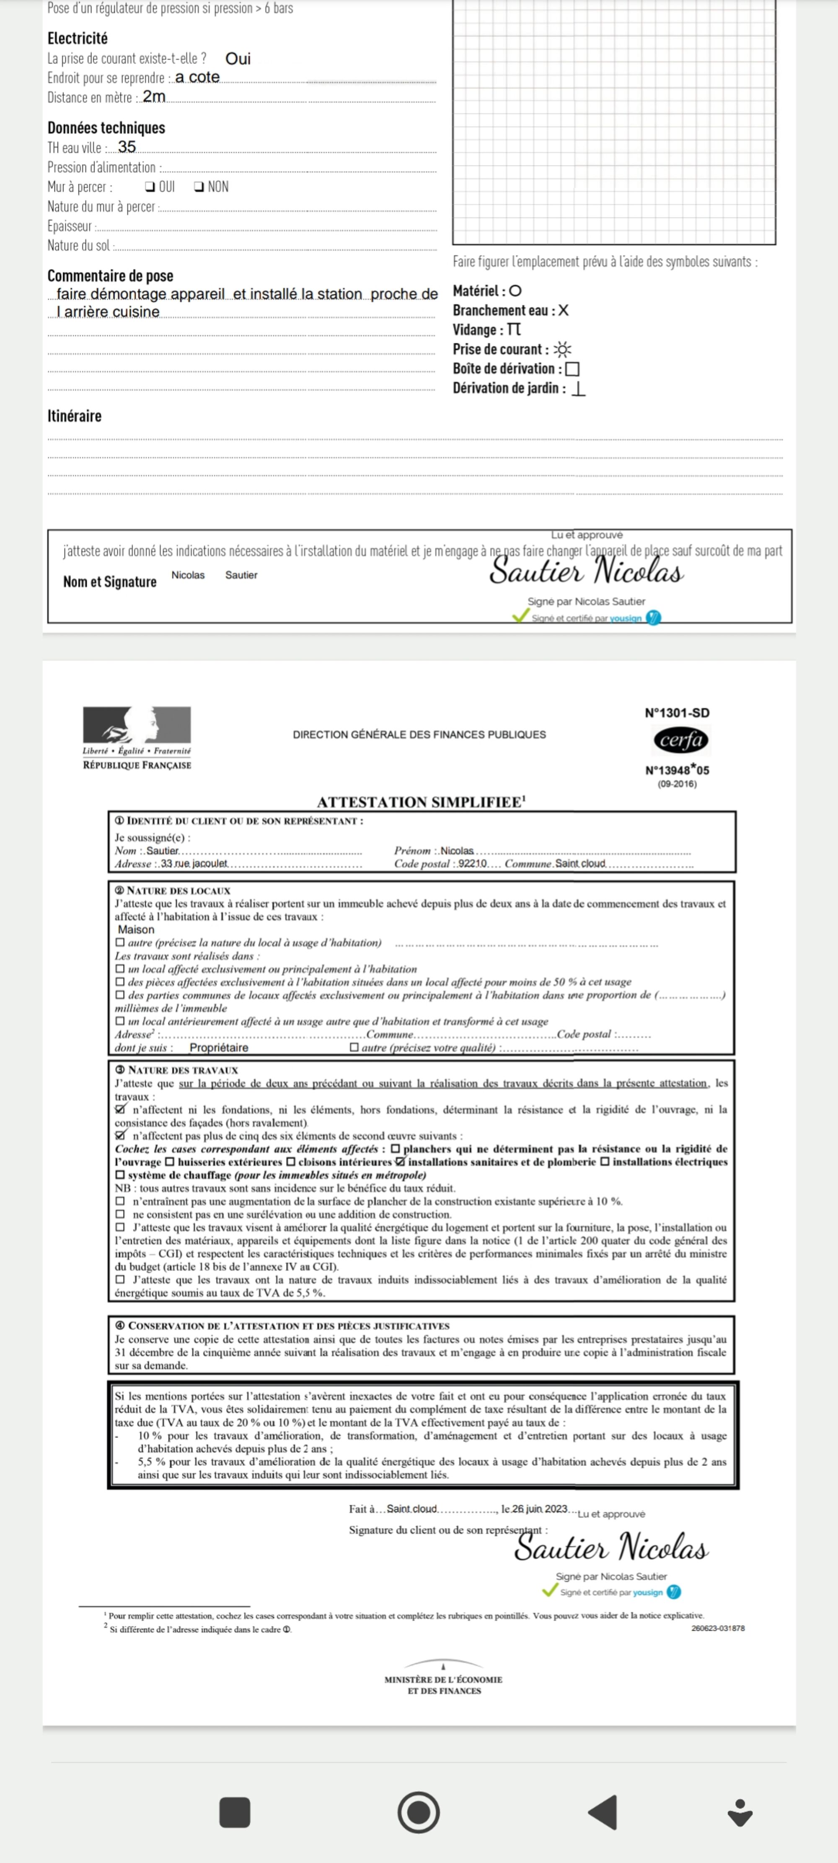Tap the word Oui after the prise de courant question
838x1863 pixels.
[x=238, y=59]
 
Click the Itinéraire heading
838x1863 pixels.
[x=75, y=416]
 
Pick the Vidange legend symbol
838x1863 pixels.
[x=513, y=330]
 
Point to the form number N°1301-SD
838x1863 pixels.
[x=677, y=712]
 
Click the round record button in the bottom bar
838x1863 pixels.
[x=419, y=1812]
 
